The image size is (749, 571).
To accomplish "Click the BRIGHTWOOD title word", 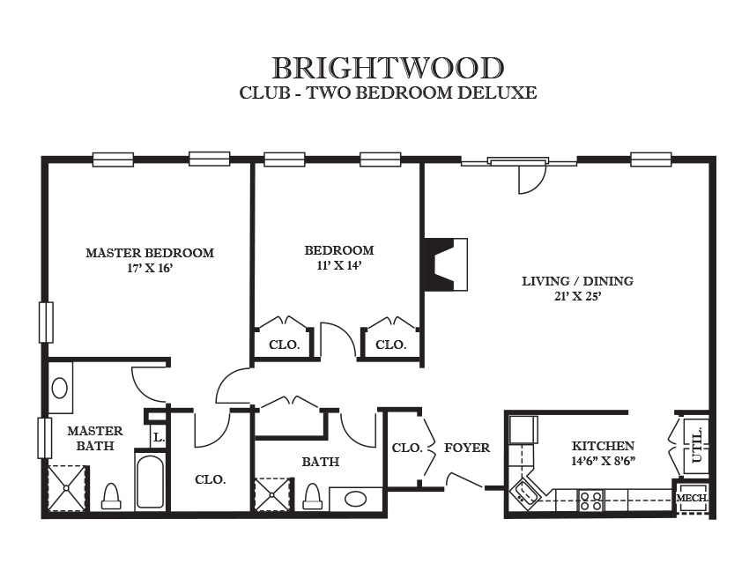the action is pyautogui.click(x=388, y=69).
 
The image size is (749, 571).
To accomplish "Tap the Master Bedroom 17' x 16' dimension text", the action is pyautogui.click(x=150, y=268).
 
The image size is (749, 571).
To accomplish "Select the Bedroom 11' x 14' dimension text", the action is pyautogui.click(x=338, y=265).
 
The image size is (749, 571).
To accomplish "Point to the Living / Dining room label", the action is pyautogui.click(x=577, y=281).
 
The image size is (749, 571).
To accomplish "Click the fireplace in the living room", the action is pyautogui.click(x=446, y=264).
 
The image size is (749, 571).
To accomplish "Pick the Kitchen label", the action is pyautogui.click(x=604, y=446).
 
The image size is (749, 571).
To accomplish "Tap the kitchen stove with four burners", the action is pyautogui.click(x=590, y=501).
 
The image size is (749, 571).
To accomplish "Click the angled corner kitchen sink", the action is pyautogui.click(x=524, y=494).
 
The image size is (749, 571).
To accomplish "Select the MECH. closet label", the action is pyautogui.click(x=692, y=498).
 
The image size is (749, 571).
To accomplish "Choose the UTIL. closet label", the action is pyautogui.click(x=697, y=445).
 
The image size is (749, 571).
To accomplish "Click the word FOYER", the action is pyautogui.click(x=467, y=448).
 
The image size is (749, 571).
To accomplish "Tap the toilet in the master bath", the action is pyautogui.click(x=111, y=496).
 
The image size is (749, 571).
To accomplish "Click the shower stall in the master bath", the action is pyautogui.click(x=67, y=488).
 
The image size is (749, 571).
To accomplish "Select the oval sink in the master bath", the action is pyautogui.click(x=60, y=388).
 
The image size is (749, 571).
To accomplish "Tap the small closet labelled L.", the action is pyautogui.click(x=158, y=436).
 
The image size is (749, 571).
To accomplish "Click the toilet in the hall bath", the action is pyautogui.click(x=313, y=496).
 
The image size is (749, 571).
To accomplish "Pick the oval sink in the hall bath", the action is pyautogui.click(x=356, y=500).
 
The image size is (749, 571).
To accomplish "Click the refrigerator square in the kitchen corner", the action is pyautogui.click(x=524, y=429).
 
